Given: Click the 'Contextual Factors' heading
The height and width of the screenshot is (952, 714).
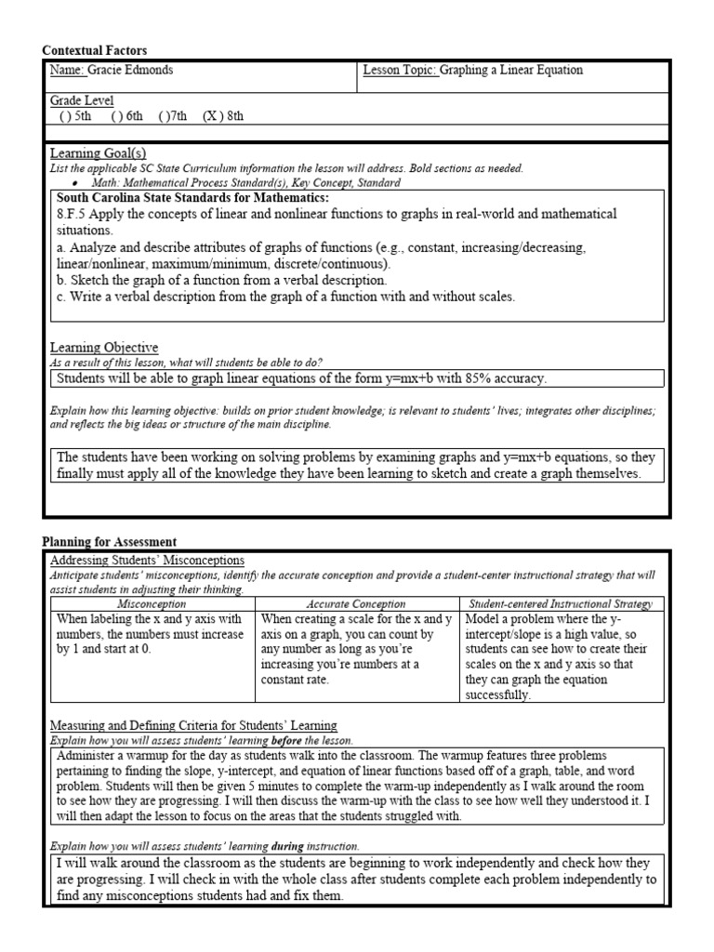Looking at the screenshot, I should (95, 50).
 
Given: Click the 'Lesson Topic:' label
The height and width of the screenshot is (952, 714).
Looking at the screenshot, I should (400, 70).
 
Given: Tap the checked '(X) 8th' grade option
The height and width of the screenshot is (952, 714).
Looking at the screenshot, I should (223, 116).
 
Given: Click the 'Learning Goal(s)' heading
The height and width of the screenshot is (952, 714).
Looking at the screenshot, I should (98, 153).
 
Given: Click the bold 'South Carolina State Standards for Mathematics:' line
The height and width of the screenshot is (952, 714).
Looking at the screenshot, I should (192, 198).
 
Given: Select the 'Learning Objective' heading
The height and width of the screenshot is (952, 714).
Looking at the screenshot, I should (103, 348).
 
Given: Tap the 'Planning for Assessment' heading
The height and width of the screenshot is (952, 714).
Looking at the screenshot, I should (110, 542).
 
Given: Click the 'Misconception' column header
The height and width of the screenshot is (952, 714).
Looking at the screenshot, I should (150, 604).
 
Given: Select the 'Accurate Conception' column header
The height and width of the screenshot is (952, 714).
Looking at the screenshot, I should (357, 604).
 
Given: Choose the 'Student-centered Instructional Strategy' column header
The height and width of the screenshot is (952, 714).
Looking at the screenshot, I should (562, 604).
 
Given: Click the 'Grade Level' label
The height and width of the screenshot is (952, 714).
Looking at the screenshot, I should (82, 100).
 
